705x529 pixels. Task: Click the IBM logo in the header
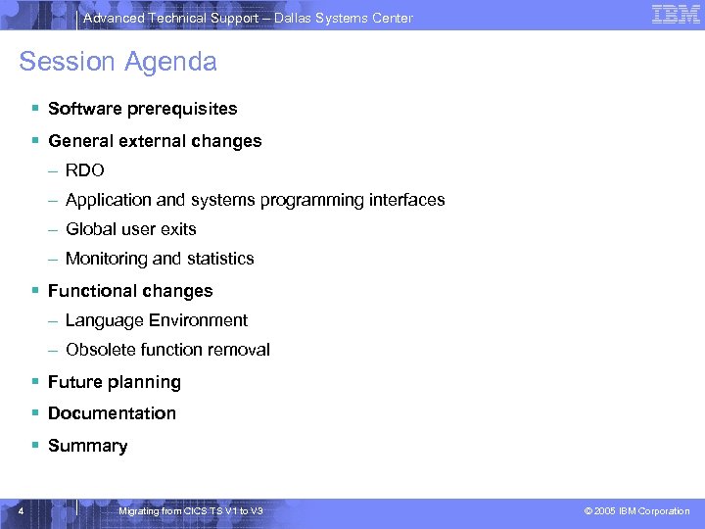(676, 15)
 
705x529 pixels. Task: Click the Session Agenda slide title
(117, 62)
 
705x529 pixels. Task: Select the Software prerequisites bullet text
(142, 109)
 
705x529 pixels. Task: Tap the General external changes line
(155, 141)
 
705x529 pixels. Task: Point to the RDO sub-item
(84, 170)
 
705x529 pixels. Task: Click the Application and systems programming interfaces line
(255, 200)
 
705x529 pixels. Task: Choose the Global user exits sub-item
(130, 229)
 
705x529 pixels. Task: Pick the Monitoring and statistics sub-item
(160, 259)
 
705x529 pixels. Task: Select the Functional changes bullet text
(130, 291)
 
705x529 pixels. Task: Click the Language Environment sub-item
(157, 320)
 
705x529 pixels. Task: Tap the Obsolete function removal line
(167, 350)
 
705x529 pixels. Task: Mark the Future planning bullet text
(115, 382)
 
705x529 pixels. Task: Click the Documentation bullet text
(112, 413)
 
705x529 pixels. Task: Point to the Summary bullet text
(87, 446)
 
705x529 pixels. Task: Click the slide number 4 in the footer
(21, 510)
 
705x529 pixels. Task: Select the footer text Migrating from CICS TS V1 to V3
(190, 511)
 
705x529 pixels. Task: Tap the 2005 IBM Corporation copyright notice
(636, 511)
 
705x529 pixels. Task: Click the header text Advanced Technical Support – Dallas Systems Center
(248, 18)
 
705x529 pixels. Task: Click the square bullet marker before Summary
(35, 446)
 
